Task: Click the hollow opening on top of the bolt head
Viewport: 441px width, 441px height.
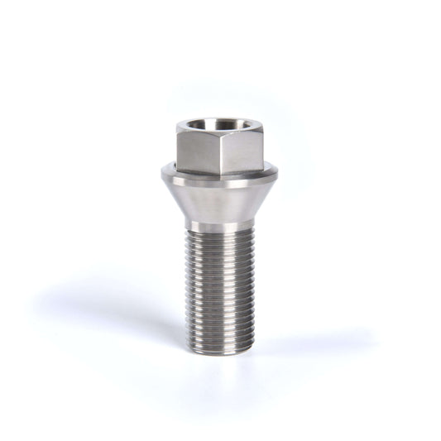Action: pos(219,126)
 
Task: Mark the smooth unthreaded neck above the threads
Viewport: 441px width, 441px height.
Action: pos(219,225)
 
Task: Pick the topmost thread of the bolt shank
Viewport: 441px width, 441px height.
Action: pos(219,234)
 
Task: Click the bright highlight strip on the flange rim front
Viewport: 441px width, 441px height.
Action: pos(219,181)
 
